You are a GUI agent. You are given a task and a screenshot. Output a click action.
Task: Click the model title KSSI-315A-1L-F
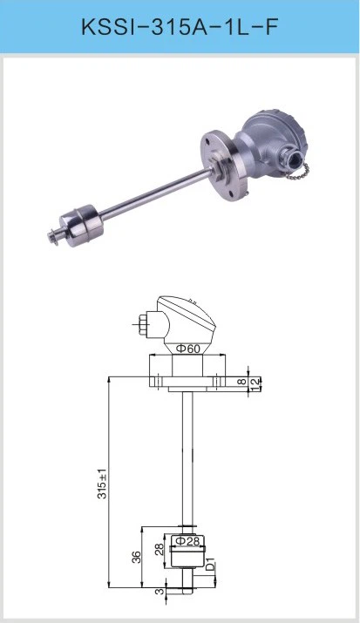tap(180, 27)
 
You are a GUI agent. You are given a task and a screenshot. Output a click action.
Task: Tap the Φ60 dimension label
tap(187, 349)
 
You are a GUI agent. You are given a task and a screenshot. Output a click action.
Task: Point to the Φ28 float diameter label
tap(187, 541)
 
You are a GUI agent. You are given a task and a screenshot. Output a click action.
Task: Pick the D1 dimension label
tap(211, 564)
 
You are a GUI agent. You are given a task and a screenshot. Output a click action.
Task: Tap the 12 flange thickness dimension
tap(255, 382)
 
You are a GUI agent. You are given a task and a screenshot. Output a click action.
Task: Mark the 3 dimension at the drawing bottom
tap(160, 591)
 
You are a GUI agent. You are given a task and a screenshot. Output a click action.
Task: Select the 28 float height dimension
tap(159, 550)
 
